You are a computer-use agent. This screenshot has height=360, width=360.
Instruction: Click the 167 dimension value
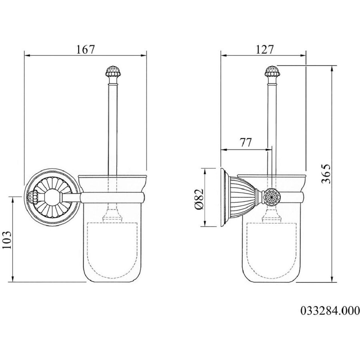coord(86,49)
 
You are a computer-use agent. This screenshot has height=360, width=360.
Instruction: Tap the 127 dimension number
coord(265,49)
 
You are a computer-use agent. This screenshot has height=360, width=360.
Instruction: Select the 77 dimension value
coord(246,142)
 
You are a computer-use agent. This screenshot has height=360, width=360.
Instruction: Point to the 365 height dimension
coord(326,174)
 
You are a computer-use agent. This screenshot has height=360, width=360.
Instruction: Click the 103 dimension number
coord(7,240)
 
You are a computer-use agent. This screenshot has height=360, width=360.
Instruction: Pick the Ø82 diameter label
coord(199,199)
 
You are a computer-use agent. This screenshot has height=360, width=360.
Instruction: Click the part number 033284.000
coord(330,311)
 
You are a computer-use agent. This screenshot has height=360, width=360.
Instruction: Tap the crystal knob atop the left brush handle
coord(112,71)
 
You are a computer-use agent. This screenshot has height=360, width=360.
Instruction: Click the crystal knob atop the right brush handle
coord(272,71)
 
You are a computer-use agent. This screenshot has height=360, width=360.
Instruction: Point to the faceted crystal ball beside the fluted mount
coord(272,197)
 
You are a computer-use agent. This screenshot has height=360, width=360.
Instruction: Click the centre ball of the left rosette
coord(53,197)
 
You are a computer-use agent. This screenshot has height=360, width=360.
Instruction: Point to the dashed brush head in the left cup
coord(112,250)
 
